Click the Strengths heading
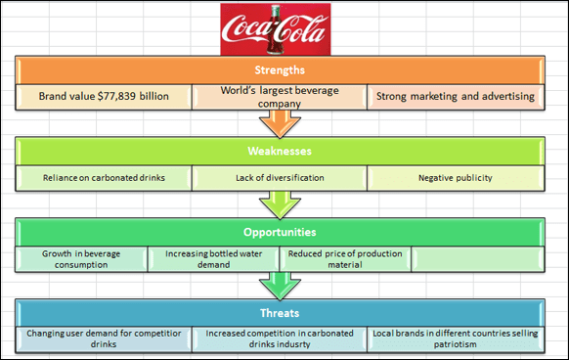(279, 70)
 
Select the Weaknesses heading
(279, 152)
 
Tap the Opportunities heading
(279, 233)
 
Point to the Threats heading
(279, 314)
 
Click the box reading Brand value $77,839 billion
(104, 97)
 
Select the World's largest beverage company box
(279, 97)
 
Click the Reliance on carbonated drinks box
(104, 178)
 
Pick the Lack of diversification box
(279, 178)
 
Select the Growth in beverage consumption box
(81, 258)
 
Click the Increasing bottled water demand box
(212, 258)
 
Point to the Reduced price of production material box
(344, 258)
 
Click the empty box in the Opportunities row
(476, 258)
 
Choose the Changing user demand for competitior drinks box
(104, 339)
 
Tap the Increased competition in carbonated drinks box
(279, 339)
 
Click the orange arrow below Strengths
(279, 122)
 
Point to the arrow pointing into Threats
(279, 286)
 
